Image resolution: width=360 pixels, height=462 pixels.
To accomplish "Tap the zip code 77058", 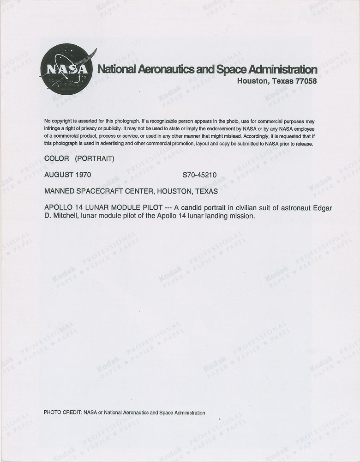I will pos(304,81).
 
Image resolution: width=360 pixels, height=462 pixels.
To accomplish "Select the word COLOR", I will pos(57,158).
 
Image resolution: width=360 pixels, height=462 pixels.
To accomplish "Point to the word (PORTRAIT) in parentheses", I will pos(95,158).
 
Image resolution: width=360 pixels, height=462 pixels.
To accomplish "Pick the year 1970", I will pos(82,175).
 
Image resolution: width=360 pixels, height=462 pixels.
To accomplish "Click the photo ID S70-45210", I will pos(200,175).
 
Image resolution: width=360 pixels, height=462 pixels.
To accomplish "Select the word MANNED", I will pos(60,191).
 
